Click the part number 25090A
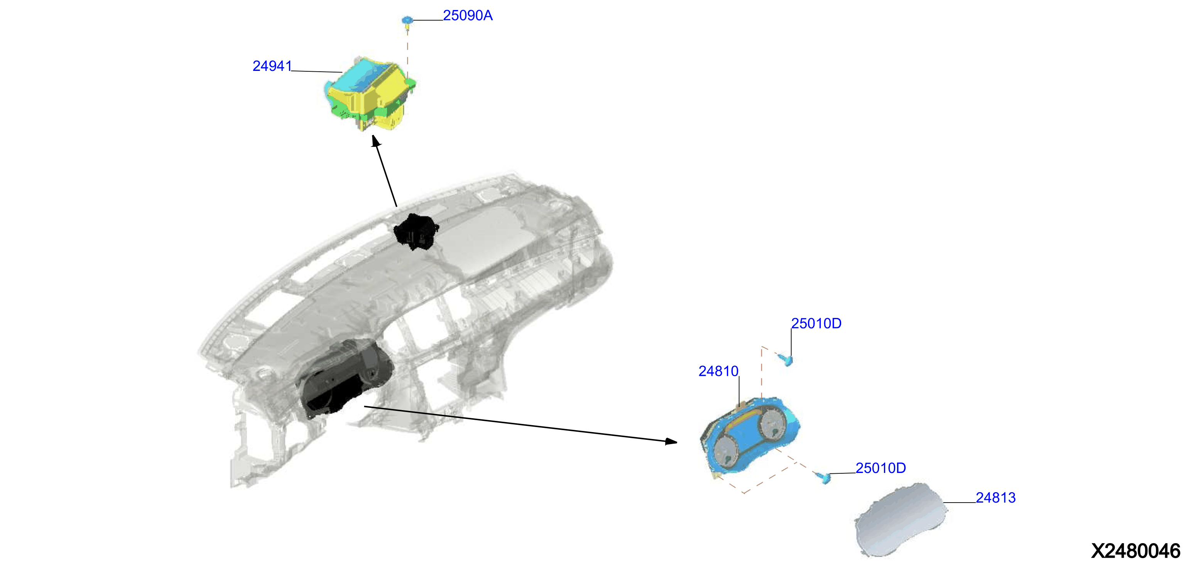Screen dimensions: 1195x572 click(468, 15)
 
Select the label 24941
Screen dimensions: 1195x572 click(272, 66)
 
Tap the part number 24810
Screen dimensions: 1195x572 click(718, 371)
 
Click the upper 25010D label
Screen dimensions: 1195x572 click(816, 323)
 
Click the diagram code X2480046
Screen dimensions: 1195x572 click(1136, 551)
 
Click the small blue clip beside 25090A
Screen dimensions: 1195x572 click(407, 21)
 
